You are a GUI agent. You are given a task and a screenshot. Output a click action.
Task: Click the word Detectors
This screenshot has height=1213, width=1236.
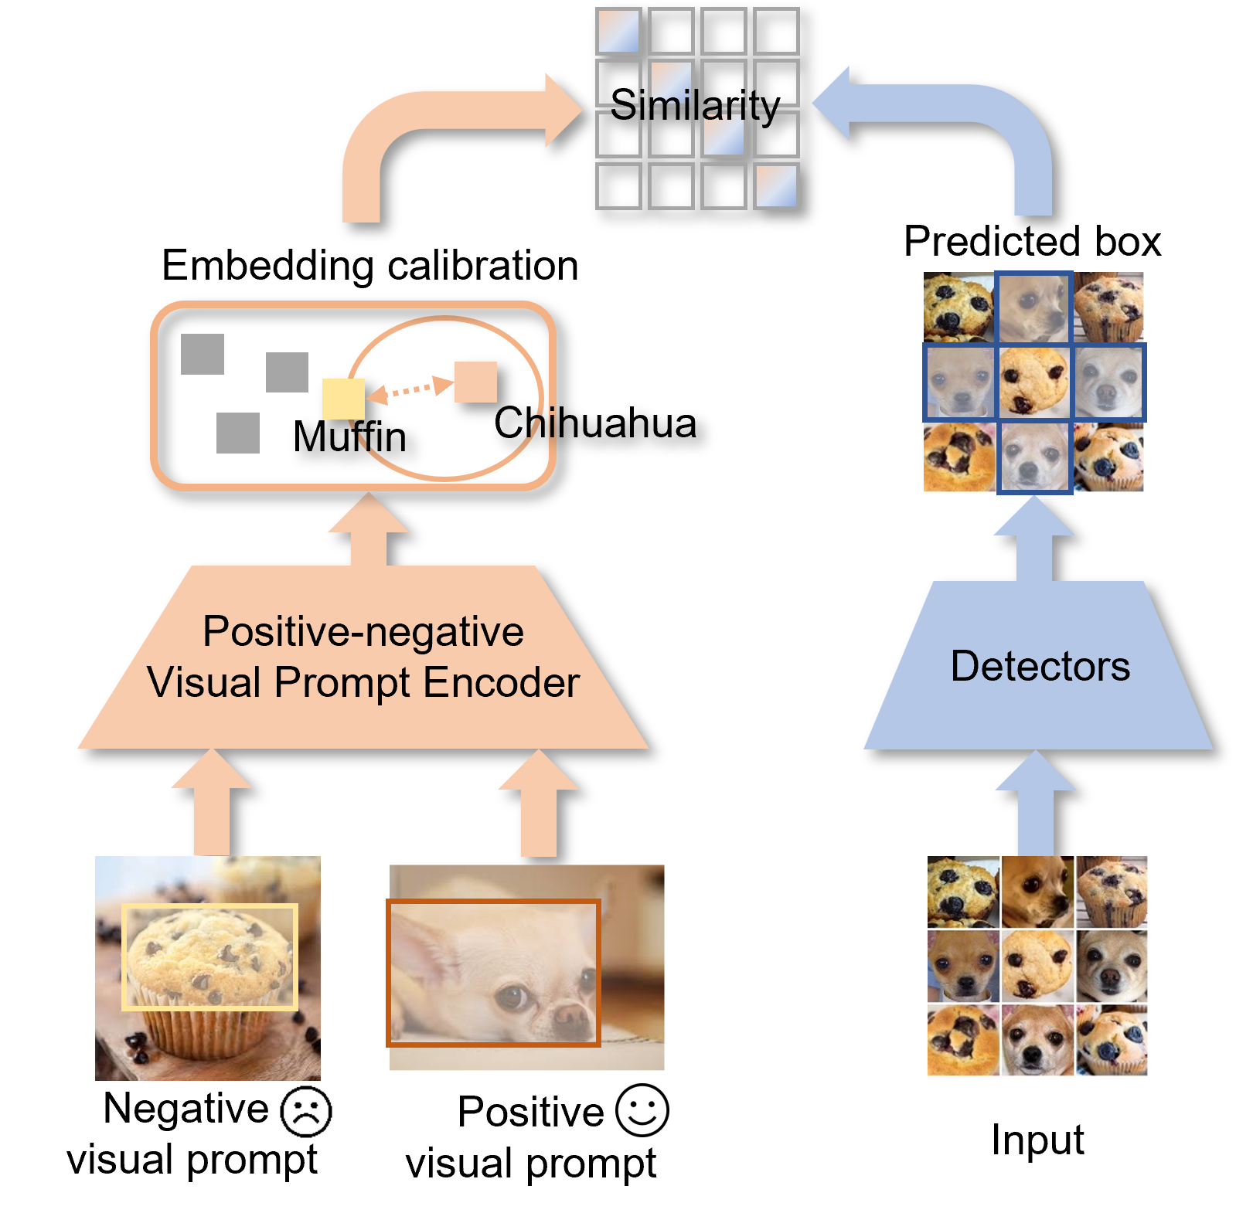click(x=1040, y=666)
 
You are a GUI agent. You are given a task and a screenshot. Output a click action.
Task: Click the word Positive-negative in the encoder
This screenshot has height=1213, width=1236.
click(x=363, y=631)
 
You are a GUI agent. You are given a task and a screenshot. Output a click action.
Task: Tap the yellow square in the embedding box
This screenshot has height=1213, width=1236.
click(x=343, y=399)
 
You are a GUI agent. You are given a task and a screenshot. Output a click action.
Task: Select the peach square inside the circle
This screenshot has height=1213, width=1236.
click(x=475, y=382)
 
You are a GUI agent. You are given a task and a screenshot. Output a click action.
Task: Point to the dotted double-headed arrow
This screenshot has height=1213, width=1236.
click(x=409, y=389)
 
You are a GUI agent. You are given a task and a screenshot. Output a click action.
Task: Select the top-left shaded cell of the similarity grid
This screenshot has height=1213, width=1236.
click(x=618, y=31)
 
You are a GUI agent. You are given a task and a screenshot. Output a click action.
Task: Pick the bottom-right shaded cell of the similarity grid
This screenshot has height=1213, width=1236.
click(x=776, y=186)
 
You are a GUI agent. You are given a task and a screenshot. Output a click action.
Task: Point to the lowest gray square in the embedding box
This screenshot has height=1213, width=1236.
click(x=238, y=433)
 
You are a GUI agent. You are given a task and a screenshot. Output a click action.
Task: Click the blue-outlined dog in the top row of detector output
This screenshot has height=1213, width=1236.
click(x=1034, y=307)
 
